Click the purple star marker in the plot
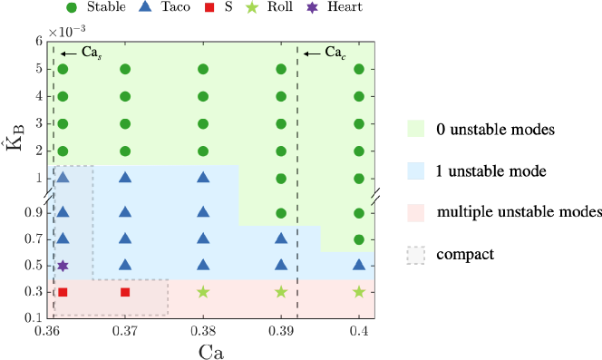[x=63, y=266]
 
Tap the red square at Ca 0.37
[x=125, y=292]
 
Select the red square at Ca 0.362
[x=63, y=292]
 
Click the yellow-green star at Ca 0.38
[x=203, y=292]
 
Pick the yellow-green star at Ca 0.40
[x=359, y=292]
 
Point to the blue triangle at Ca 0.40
[x=359, y=265]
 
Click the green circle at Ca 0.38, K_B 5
[x=203, y=69]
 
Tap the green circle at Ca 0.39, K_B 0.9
[x=281, y=213]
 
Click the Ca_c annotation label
[x=335, y=53]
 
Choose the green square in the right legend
[x=415, y=129]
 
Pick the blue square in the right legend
[x=415, y=170]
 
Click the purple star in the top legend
[x=312, y=7]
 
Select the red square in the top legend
[x=209, y=7]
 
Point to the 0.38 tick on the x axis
[x=203, y=332]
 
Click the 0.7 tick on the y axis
[x=34, y=239]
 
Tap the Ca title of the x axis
[x=210, y=351]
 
